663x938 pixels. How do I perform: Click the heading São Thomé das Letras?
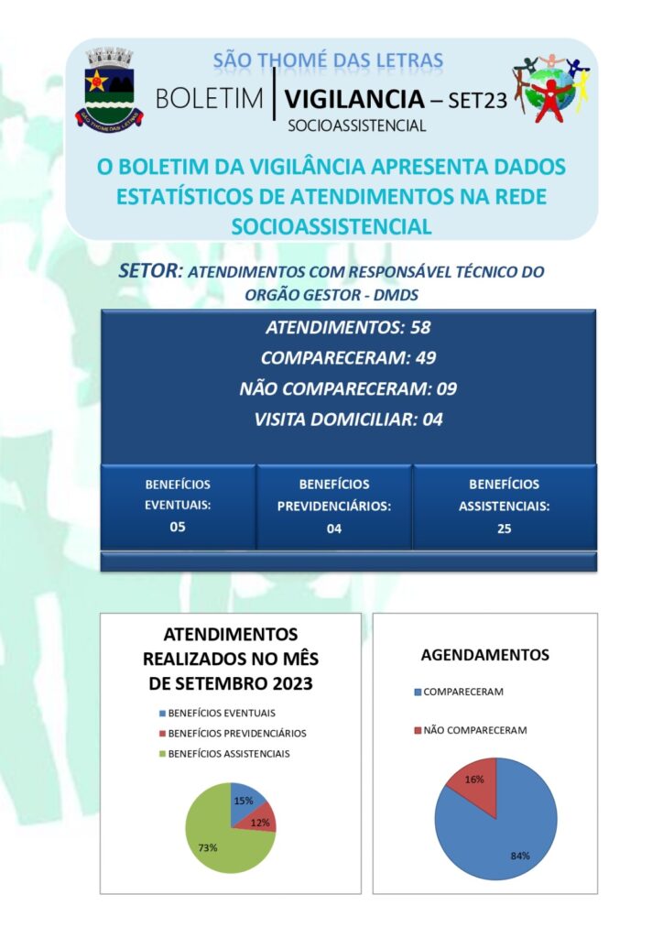coord(328,61)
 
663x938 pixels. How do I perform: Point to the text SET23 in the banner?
coord(476,101)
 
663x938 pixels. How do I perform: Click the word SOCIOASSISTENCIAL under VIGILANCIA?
coord(357,126)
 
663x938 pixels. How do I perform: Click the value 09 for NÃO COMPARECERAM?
coord(446,388)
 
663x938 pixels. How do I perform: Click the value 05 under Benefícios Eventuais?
coord(178,526)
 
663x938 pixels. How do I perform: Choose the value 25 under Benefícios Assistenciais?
coord(505,528)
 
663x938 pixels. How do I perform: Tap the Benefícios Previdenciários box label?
coord(334,495)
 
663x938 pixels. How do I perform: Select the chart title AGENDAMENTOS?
coord(485,655)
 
